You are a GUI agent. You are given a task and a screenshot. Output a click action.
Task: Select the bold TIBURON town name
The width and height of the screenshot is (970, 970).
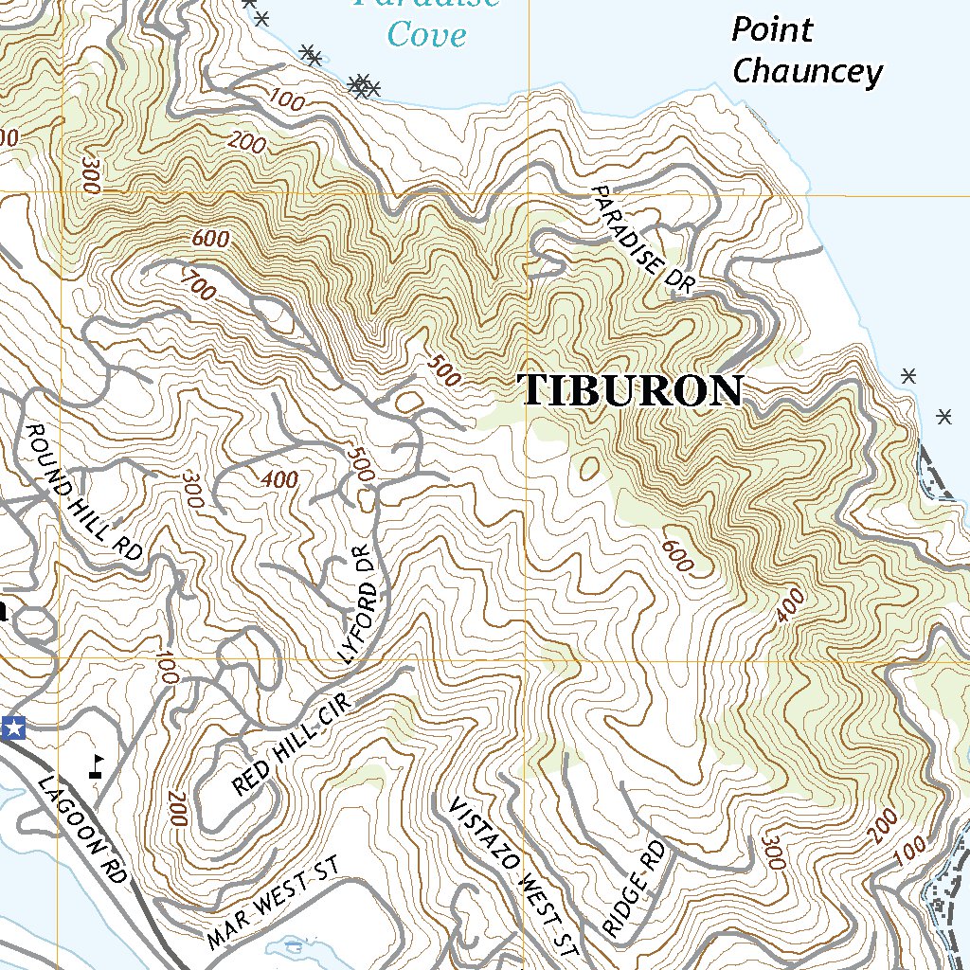pos(632,390)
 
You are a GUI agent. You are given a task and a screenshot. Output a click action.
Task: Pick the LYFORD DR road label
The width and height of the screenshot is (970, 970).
pos(362,603)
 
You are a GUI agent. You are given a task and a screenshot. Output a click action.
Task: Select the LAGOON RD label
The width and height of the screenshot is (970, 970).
pos(82,829)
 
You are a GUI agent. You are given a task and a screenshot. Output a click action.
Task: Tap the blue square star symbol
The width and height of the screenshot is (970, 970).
pos(14,728)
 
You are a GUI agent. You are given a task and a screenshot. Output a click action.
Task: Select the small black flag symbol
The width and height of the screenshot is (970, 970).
pos(97,765)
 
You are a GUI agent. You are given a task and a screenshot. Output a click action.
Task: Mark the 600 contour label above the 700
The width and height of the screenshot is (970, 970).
pos(209,239)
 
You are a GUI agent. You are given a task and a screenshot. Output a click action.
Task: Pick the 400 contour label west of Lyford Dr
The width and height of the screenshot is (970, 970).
pos(279,480)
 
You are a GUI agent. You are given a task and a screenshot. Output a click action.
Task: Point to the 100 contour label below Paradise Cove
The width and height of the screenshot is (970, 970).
pos(285,99)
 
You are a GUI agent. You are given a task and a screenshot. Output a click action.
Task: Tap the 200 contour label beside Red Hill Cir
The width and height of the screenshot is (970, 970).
pos(177,808)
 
